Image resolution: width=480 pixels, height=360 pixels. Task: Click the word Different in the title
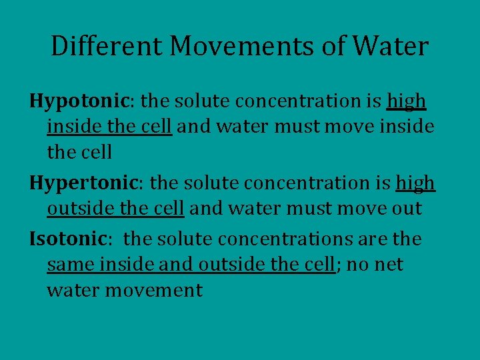(107, 47)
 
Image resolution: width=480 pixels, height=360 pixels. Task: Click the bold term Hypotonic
(80, 101)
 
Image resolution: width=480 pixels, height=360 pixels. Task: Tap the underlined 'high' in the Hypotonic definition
(406, 101)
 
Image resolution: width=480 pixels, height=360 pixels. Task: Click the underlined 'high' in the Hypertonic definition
(415, 183)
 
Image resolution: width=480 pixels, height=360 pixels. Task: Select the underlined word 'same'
(71, 264)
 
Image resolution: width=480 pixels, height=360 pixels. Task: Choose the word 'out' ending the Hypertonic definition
(406, 209)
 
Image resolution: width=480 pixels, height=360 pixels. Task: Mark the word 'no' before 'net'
(357, 264)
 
